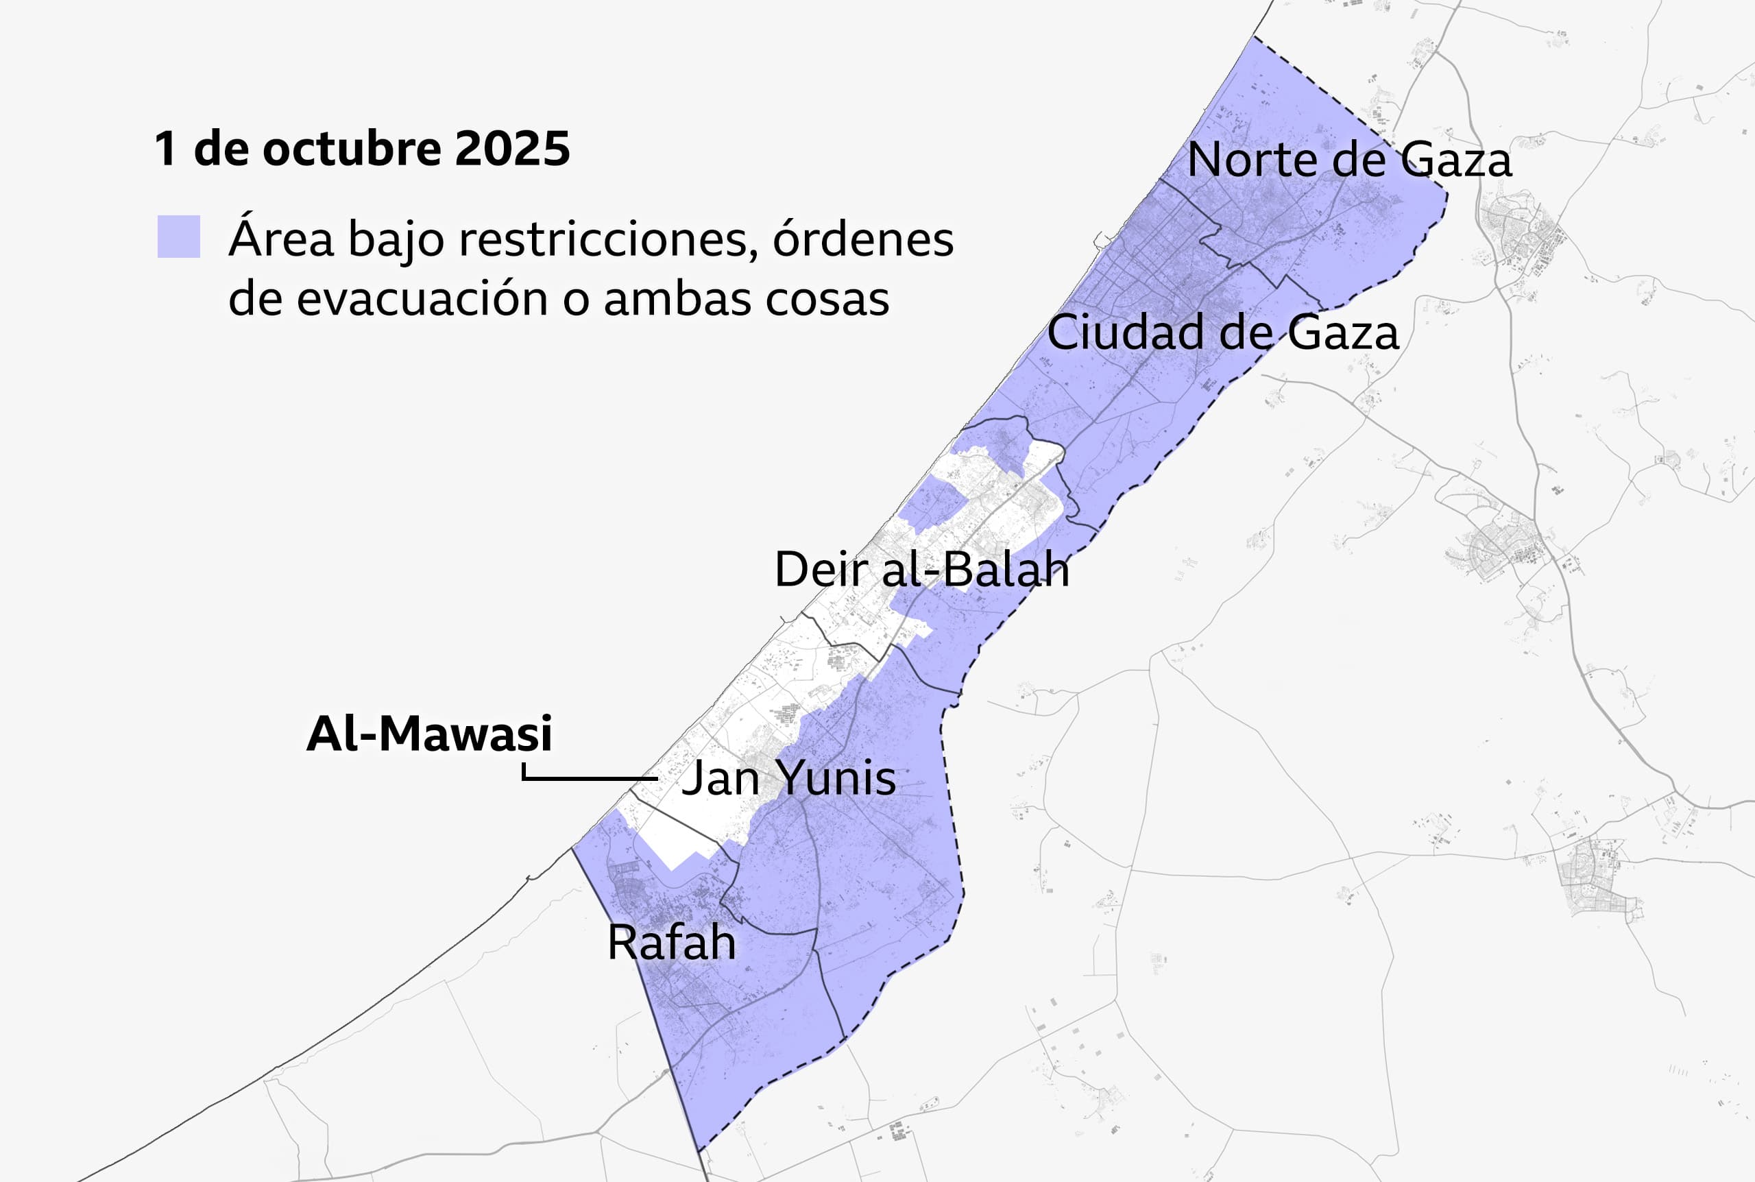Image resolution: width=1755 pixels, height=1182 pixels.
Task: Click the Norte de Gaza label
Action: (1349, 160)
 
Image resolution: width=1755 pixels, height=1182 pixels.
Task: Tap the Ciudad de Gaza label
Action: (1222, 333)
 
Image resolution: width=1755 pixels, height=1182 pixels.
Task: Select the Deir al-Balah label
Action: (921, 569)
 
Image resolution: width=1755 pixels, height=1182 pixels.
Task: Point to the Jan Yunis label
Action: (788, 777)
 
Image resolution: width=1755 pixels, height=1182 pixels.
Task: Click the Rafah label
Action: (671, 942)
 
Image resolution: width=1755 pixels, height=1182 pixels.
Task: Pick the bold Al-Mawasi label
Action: (430, 734)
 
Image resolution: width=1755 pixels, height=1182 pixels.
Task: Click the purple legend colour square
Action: (179, 237)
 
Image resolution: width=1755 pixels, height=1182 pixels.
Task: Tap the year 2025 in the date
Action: (512, 149)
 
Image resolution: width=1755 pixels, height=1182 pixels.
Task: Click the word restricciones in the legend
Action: (608, 240)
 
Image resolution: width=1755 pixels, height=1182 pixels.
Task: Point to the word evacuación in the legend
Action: (423, 299)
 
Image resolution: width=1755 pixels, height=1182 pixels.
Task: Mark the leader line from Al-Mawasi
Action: (588, 777)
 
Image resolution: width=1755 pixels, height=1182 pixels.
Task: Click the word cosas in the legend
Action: (827, 299)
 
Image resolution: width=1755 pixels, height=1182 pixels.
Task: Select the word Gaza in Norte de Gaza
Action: (1456, 160)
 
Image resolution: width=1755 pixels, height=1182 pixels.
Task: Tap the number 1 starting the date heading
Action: (165, 149)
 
